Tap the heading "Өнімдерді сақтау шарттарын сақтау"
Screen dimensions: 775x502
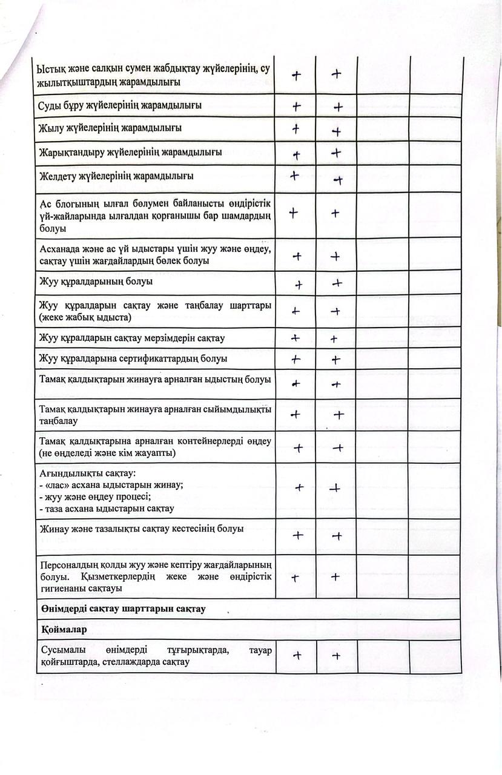122,608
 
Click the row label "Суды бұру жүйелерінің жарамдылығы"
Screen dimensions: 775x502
121,105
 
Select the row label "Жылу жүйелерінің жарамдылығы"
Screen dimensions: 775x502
110,128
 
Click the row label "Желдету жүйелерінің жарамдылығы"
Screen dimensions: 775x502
116,176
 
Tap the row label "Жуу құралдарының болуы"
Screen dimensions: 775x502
96,282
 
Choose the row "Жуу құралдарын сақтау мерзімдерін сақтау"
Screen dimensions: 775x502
132,338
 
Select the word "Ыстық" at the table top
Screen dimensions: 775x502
50,70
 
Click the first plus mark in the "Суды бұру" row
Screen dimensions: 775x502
296,106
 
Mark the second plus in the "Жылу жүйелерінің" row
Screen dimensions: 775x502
336,131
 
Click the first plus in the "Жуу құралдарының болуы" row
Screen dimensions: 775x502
299,284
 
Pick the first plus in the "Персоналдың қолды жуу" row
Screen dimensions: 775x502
296,578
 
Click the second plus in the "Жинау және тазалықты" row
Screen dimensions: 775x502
338,536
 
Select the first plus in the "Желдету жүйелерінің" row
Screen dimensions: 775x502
295,176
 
